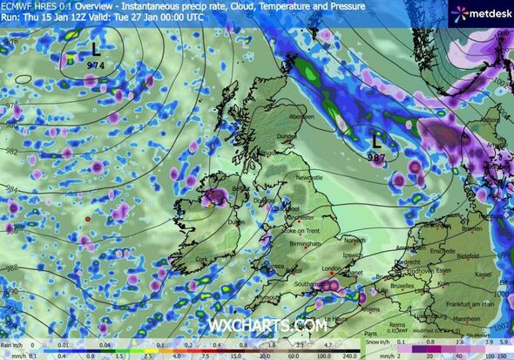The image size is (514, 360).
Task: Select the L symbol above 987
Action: [x=376, y=139]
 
